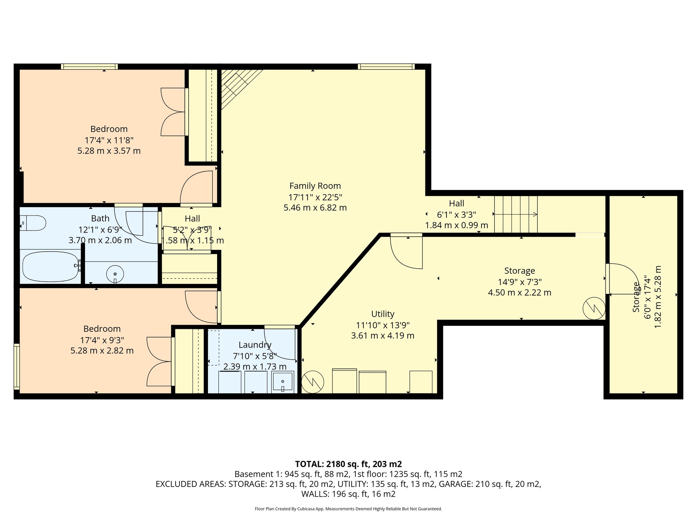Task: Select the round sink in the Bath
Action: point(115,273)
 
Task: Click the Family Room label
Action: point(315,186)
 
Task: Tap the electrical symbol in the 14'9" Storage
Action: point(594,308)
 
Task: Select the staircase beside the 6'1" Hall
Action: point(516,214)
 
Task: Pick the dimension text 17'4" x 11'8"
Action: point(109,140)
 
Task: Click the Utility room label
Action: point(383,314)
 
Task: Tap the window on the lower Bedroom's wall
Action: point(16,366)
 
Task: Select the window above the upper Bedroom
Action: point(90,67)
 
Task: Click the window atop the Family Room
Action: point(386,67)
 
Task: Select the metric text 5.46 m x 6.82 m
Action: point(315,208)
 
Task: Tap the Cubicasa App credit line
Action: point(348,509)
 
